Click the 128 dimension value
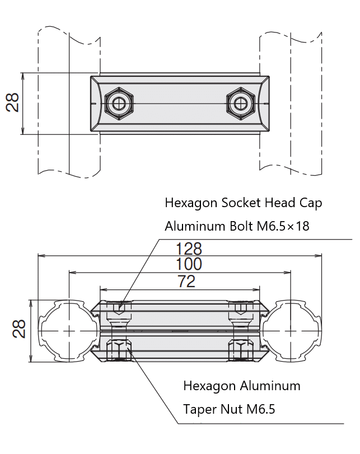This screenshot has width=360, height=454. coord(189,249)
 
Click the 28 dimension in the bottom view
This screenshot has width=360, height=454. coord(20,329)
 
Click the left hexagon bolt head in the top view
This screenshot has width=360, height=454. coord(119,103)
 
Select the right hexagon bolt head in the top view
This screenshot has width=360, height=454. coord(240,103)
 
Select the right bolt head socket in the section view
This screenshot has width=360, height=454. coord(242,307)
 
